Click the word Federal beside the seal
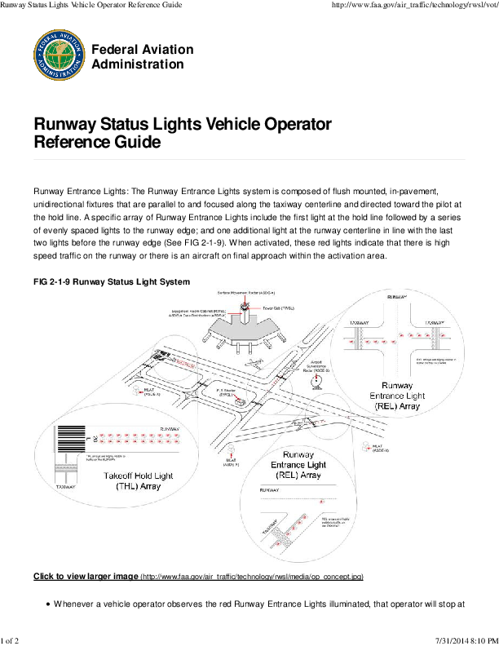[115, 50]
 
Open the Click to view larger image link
[85, 577]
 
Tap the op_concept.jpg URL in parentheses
[252, 577]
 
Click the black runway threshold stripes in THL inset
[72, 445]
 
